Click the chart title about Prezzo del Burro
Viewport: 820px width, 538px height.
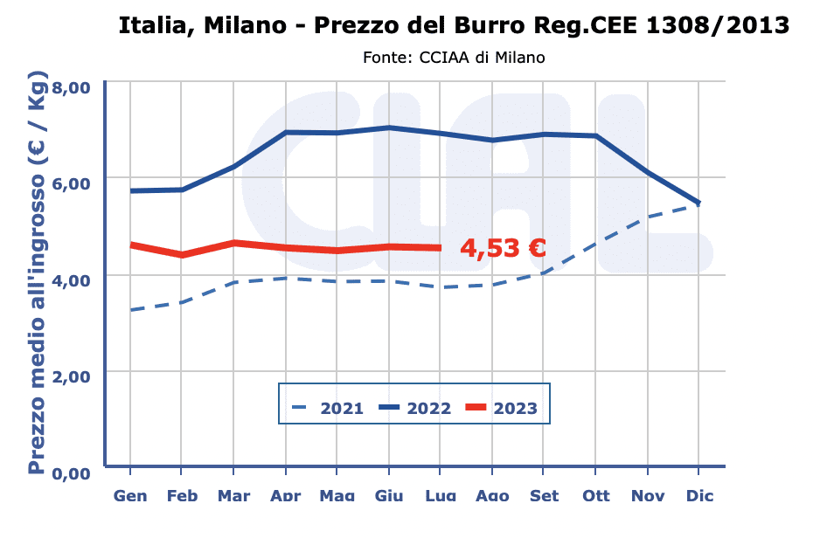454,26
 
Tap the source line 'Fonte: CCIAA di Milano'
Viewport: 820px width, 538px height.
454,58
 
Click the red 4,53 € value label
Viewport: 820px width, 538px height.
504,248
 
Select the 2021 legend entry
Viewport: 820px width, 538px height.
329,408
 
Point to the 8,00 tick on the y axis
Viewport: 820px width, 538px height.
72,87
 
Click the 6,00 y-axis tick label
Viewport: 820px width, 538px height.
72,183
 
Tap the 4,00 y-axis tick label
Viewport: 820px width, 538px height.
72,279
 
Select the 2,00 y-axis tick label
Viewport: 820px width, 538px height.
72,376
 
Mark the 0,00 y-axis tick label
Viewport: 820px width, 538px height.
72,473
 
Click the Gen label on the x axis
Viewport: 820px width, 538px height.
130,496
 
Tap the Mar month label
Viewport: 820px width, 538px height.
233,496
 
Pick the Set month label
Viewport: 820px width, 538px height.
545,496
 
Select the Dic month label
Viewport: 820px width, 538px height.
699,496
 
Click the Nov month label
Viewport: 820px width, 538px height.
648,496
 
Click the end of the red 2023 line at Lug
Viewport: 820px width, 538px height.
441,248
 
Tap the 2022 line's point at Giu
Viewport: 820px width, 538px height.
389,128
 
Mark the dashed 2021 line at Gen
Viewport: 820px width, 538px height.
130,310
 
